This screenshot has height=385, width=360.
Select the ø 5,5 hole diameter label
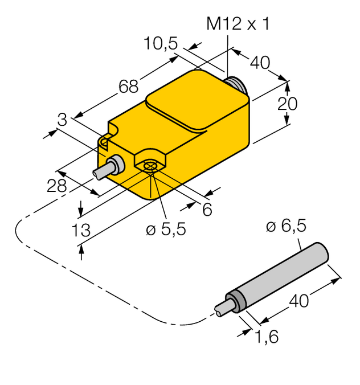[166, 230]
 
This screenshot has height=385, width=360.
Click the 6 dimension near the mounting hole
[207, 210]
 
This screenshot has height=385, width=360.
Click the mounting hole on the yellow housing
[150, 166]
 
